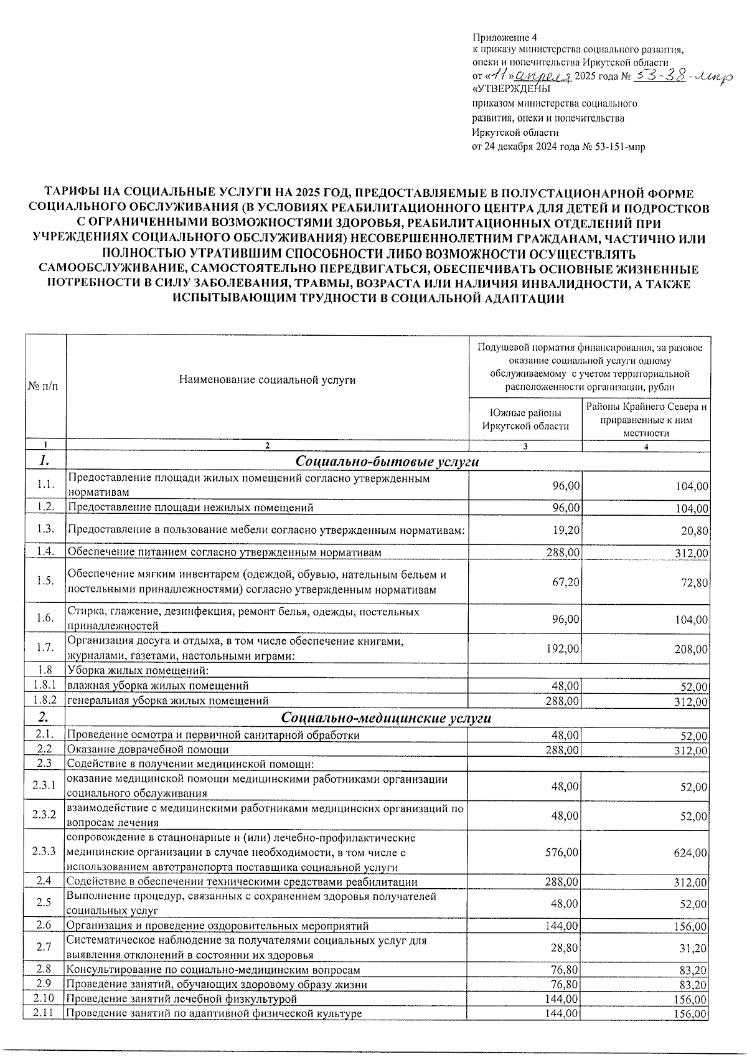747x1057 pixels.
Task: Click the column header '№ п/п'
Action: [45, 386]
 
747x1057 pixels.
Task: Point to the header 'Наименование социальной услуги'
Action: [267, 379]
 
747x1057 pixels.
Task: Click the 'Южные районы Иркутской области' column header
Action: [525, 419]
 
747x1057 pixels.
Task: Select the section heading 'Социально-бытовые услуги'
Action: [387, 462]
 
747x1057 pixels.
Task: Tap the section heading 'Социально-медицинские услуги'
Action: [386, 718]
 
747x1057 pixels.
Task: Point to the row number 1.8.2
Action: [45, 700]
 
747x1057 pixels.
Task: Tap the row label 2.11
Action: [44, 1013]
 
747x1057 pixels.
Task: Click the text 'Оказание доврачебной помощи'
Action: [148, 749]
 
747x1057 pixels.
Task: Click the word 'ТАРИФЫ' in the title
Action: [64, 194]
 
